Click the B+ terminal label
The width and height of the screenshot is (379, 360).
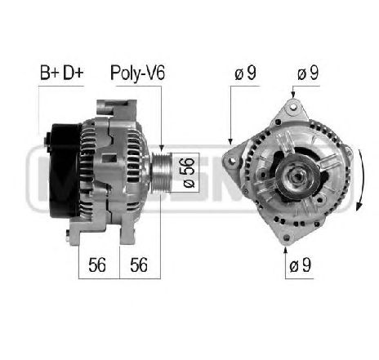(x=49, y=73)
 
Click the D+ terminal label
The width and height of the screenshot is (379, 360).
(x=73, y=73)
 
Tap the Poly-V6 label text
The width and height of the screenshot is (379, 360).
(x=137, y=73)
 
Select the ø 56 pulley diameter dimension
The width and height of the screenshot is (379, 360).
(x=189, y=172)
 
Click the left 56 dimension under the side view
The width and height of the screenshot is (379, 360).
(x=97, y=264)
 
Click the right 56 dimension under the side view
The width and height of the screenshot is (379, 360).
(x=139, y=264)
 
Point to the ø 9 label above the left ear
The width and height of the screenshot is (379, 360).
(x=245, y=73)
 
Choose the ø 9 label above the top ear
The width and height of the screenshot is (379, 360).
(x=308, y=73)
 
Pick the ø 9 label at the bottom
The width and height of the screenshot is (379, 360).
(x=300, y=264)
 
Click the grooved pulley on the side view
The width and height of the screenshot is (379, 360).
(x=161, y=171)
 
